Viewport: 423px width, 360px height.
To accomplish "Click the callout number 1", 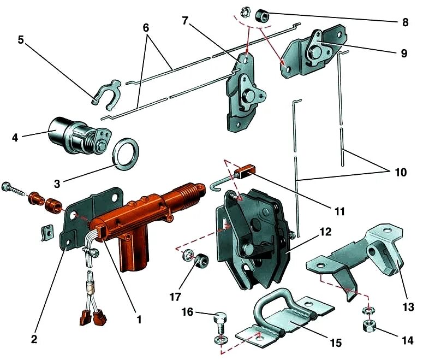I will click(x=139, y=319).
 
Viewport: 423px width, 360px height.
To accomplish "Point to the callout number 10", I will click(x=401, y=173).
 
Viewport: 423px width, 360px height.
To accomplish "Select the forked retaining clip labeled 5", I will click(x=108, y=93).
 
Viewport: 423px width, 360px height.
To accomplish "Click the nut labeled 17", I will click(x=200, y=261).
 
